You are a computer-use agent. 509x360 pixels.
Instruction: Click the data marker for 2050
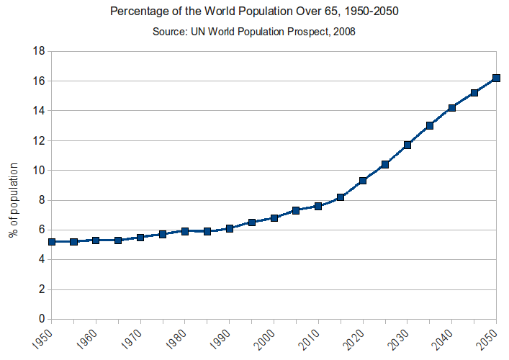[x=497, y=78]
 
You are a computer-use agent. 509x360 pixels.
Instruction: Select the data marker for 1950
[x=52, y=242]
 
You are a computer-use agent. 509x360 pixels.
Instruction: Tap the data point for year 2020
[x=363, y=181]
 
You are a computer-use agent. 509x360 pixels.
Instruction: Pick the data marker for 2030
[x=407, y=145]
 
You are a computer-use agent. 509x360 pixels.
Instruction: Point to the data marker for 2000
[x=274, y=217]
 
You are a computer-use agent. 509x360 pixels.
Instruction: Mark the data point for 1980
[x=185, y=231]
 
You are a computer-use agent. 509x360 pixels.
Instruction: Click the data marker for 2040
[x=452, y=108]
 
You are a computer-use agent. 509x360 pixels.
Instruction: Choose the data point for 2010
[x=318, y=206]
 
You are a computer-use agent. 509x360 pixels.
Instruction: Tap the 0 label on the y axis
[x=42, y=320]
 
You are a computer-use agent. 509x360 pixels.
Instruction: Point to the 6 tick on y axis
[x=42, y=230]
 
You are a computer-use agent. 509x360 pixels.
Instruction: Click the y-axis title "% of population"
[x=14, y=200]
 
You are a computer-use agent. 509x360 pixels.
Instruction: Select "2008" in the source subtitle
[x=343, y=32]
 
